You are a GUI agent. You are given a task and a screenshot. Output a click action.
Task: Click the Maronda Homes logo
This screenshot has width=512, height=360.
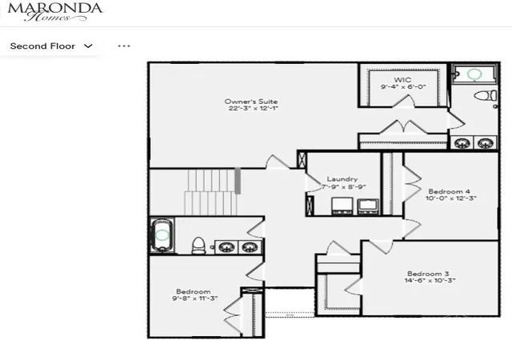pos(55,12)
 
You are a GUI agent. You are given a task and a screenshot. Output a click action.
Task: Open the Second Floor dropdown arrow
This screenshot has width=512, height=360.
pos(88,46)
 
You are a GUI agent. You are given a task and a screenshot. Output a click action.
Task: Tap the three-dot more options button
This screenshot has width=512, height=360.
pos(124,46)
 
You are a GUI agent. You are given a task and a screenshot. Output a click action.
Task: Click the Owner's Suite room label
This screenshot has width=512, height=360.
pos(251,102)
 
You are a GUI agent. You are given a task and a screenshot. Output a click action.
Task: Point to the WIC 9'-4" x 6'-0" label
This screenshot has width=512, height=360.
pos(403,83)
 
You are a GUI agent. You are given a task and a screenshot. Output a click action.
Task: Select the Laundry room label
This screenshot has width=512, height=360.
pos(342,179)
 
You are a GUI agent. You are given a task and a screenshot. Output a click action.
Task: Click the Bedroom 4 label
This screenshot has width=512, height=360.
pos(450,191)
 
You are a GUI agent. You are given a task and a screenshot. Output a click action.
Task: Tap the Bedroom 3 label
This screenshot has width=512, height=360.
pos(428,274)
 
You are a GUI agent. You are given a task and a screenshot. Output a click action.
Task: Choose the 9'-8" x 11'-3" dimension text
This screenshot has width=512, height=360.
pos(195,298)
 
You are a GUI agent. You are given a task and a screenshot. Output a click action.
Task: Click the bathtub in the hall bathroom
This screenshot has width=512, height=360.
pos(162,235)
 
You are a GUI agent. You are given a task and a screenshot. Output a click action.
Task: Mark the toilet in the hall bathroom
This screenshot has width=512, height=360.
pos(198,246)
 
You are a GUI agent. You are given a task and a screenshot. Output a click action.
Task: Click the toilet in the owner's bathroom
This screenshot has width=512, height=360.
pos(486,96)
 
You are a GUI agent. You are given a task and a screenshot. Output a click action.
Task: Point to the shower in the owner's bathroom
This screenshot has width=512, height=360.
pos(474,74)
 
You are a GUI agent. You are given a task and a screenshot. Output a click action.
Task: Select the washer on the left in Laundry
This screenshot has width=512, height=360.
pos(342,206)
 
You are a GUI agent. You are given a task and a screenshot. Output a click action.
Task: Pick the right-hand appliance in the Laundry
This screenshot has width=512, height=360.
pos(368,206)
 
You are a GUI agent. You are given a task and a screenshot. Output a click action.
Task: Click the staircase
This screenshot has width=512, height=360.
pos(211,192)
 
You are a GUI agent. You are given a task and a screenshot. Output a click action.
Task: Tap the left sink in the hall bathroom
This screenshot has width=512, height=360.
pos(226,247)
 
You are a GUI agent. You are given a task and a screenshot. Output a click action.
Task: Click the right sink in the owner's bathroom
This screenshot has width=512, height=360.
pos(486,143)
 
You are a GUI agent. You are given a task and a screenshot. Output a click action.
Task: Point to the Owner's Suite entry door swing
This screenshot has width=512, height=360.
pos(278,162)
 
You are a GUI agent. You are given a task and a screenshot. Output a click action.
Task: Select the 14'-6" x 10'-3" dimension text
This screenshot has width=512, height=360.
pos(430,281)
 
